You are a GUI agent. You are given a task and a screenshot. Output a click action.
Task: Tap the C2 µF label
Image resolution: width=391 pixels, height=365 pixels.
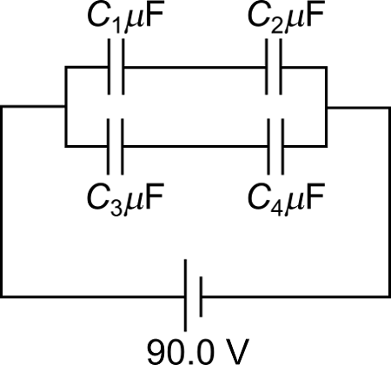click(282, 17)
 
